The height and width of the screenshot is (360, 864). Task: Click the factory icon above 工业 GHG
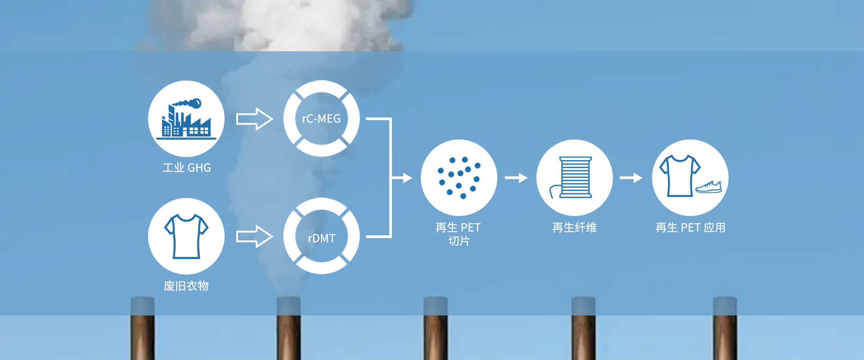coord(186,119)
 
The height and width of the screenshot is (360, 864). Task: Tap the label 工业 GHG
coord(187,168)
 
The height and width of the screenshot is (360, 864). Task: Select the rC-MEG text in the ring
coord(321,119)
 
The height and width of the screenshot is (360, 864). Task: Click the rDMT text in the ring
coord(321,238)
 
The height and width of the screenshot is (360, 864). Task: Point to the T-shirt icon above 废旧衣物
coord(186,236)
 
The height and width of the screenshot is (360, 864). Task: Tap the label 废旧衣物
coord(186,286)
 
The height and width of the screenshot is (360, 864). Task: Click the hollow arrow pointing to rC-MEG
coord(254,119)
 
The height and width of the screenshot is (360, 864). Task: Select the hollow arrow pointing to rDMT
coord(254,236)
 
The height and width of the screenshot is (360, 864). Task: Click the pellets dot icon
coord(459,178)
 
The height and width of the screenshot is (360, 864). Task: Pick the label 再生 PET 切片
coord(459,234)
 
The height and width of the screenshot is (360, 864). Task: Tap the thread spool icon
coord(574,178)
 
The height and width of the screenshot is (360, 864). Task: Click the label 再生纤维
coord(575,228)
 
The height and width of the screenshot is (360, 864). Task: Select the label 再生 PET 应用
coord(690,228)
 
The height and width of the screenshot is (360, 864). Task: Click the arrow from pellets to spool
coord(516,178)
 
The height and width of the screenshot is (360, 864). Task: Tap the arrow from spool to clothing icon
coord(631,178)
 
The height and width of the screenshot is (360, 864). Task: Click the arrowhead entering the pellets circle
coord(407,178)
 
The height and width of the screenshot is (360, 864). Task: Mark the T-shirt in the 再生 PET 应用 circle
coord(679,175)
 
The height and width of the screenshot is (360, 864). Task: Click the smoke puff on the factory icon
coord(195,104)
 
